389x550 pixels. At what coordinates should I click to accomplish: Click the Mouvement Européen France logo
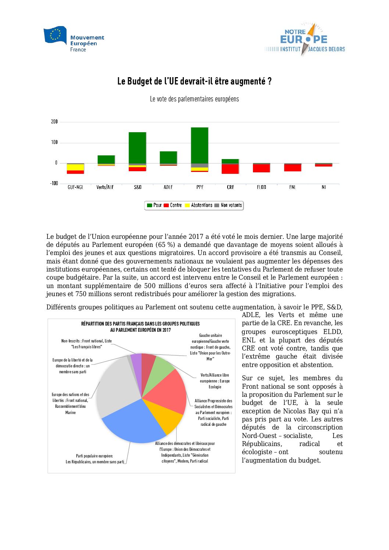[74, 39]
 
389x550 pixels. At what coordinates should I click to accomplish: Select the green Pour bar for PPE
[200, 145]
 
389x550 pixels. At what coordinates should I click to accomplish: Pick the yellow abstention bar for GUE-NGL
[75, 167]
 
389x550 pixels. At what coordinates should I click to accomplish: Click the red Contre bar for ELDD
[261, 168]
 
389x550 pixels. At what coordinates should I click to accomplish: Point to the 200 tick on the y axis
[54, 122]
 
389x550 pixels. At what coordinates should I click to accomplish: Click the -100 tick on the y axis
[54, 183]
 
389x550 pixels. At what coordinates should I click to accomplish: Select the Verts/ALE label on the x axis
[105, 187]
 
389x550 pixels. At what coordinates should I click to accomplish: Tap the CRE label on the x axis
[231, 187]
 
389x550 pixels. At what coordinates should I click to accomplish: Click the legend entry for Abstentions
[199, 205]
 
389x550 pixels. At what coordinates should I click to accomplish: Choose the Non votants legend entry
[228, 205]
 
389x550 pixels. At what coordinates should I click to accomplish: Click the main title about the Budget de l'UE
[194, 81]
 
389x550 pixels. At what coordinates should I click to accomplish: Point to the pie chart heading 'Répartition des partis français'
[140, 327]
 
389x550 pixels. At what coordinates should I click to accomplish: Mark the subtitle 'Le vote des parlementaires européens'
[194, 99]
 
